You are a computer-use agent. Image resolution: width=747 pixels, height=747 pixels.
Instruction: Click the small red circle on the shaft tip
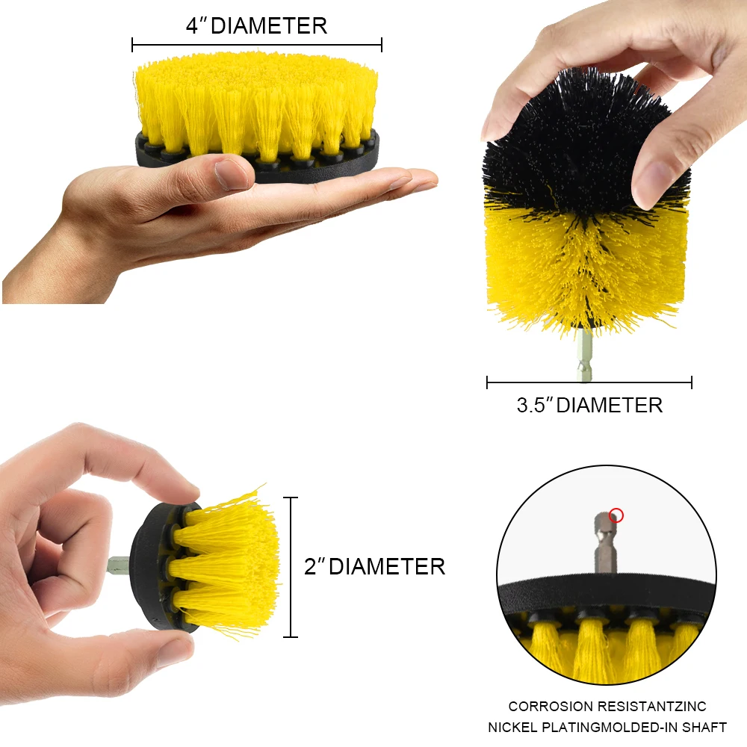(x=616, y=515)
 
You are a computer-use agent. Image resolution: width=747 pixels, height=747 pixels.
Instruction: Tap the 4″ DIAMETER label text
(x=257, y=26)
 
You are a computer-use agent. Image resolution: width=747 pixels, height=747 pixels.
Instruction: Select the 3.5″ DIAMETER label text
(x=589, y=406)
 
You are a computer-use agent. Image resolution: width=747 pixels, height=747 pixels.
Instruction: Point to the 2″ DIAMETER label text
(x=374, y=566)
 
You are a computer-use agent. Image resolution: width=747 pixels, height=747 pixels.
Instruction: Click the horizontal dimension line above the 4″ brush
(x=257, y=45)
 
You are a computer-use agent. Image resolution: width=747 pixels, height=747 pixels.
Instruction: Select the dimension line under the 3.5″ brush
(x=589, y=383)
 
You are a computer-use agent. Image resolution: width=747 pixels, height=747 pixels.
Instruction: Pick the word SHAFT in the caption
(x=706, y=727)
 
